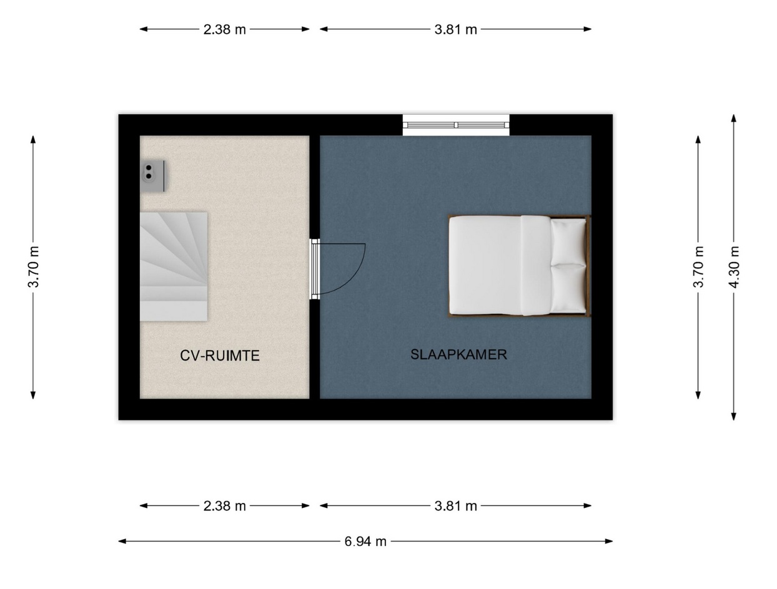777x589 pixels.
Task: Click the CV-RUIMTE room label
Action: coord(219,356)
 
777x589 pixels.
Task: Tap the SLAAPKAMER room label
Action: coord(458,354)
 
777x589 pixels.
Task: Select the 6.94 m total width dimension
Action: coord(365,542)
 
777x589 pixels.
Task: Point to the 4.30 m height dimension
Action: coord(734,267)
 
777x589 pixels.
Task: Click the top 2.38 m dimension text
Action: coord(224,29)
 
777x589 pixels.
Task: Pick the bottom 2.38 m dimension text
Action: coord(224,506)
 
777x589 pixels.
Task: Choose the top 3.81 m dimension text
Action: coord(455,29)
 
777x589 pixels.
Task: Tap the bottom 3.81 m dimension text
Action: coord(455,506)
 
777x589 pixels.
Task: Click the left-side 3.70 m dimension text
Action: coord(33,267)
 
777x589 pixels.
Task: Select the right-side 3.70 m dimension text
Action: coord(698,267)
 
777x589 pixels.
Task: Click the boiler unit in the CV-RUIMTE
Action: coord(153,176)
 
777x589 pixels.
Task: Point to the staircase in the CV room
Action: coord(174,266)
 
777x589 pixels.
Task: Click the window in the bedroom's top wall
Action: coord(456,125)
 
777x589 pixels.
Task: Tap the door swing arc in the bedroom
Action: coord(354,280)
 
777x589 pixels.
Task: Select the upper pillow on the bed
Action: coord(567,242)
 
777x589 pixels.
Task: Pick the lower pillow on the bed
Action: coord(567,288)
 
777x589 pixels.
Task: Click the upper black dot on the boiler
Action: coord(149,168)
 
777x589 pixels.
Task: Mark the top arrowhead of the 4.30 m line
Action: coord(734,118)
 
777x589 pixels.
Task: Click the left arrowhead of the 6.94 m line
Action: coord(122,542)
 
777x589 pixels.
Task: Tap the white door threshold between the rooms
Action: coord(315,269)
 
